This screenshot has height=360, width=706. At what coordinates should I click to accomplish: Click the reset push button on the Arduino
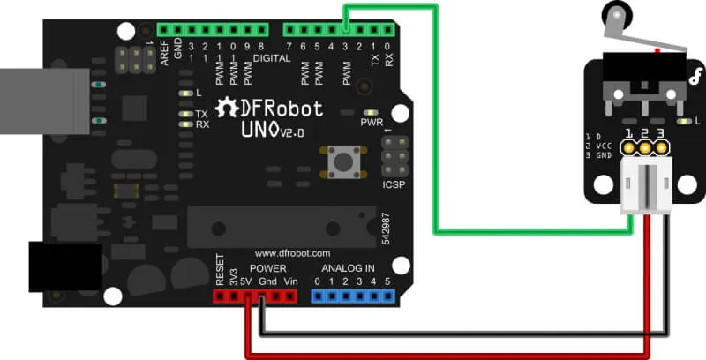[x=344, y=161]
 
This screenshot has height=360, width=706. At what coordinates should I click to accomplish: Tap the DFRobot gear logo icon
[x=226, y=109]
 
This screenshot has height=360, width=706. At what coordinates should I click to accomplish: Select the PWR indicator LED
[x=371, y=113]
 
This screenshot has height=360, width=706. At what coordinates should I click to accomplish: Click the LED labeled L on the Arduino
[x=185, y=94]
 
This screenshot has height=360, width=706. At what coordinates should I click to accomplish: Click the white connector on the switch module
[x=647, y=185]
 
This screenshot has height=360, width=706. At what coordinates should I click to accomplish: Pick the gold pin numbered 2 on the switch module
[x=645, y=147]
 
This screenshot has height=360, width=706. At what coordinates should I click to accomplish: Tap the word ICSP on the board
[x=394, y=184]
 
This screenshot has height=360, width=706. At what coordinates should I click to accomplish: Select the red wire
[x=446, y=355]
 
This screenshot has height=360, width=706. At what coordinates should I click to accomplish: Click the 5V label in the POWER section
[x=245, y=281]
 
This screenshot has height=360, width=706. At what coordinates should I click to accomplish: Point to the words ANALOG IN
[x=348, y=268]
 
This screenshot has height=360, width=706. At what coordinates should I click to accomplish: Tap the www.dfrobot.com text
[x=293, y=253]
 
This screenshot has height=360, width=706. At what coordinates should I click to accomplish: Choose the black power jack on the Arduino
[x=65, y=266]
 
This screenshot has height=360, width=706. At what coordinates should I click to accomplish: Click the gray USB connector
[x=45, y=101]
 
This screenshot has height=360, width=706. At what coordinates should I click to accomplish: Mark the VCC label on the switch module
[x=604, y=146]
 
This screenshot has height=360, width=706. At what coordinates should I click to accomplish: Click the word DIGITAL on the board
[x=272, y=58]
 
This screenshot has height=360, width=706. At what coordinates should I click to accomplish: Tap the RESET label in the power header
[x=220, y=269]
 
